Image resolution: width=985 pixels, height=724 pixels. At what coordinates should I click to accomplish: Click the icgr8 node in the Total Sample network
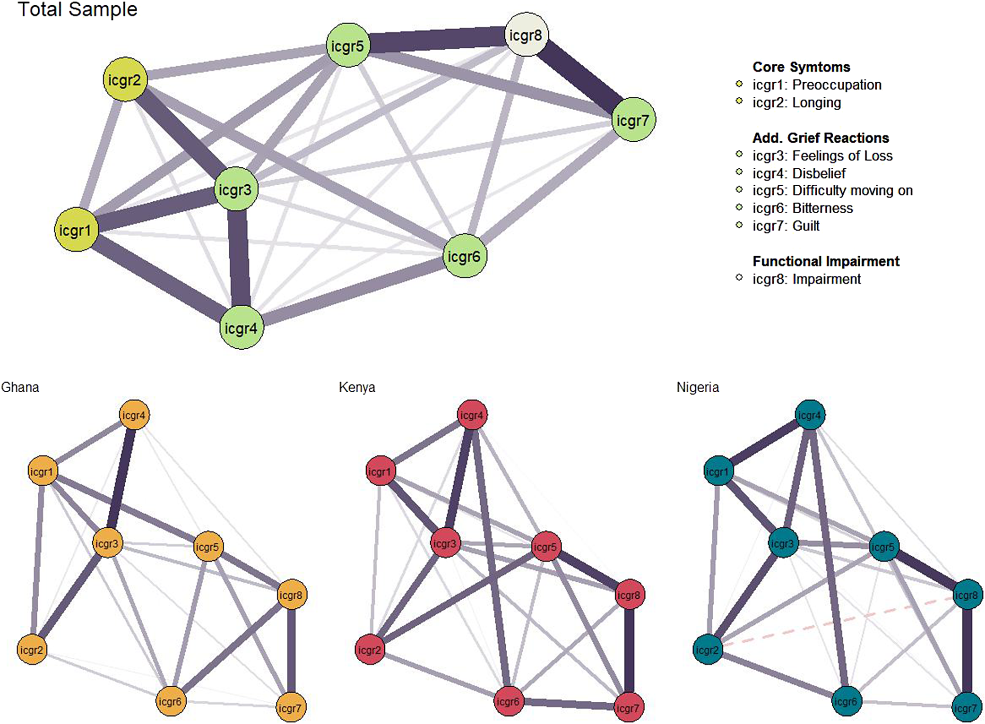(x=526, y=34)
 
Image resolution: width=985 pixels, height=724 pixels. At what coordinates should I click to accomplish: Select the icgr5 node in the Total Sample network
(x=347, y=45)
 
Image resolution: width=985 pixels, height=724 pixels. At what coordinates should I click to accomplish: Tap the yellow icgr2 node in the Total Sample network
(x=125, y=79)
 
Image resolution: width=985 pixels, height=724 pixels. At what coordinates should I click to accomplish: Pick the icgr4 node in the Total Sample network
(x=241, y=328)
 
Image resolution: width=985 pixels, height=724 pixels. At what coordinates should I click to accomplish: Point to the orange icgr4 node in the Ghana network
(x=134, y=415)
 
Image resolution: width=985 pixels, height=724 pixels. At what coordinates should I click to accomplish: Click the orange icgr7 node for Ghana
(x=290, y=707)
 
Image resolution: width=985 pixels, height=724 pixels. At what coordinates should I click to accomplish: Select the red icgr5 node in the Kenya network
(x=545, y=547)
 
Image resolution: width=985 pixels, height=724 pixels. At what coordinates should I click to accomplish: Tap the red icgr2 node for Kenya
(x=370, y=650)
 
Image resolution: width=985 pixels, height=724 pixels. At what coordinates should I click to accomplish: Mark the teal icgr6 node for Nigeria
(x=846, y=701)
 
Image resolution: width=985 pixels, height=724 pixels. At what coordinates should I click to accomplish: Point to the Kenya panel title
(x=357, y=388)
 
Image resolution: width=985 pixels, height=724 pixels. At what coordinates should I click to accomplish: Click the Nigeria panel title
(x=698, y=388)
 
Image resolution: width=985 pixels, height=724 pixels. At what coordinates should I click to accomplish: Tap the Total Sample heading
(x=78, y=9)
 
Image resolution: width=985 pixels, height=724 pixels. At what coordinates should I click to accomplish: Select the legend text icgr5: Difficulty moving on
(x=832, y=190)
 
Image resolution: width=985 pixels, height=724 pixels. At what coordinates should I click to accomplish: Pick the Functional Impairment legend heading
(x=826, y=261)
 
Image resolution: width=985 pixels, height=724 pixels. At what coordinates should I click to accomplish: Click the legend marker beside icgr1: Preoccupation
(x=739, y=84)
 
